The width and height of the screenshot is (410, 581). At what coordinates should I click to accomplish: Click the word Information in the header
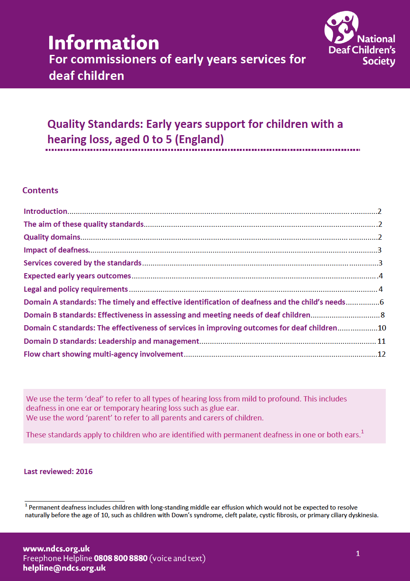pos(104,43)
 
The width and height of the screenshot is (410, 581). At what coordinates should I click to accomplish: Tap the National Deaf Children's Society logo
pos(360,39)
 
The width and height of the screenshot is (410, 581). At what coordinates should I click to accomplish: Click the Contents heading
pos(40,190)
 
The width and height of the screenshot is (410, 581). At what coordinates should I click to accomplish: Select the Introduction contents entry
pos(46,211)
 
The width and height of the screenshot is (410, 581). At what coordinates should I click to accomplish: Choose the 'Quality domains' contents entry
pos(52,237)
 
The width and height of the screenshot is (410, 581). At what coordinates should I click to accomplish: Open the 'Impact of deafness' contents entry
pos(56,250)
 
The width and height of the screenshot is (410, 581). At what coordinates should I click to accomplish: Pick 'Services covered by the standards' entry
pos(82,263)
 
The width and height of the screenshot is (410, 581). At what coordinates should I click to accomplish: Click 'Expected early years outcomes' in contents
pos(77,276)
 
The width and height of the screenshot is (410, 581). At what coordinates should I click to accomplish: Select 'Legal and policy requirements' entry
pos(75,289)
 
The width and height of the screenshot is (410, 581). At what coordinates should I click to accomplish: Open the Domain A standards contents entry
pos(184,302)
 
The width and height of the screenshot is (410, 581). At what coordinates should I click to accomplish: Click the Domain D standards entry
pos(111,341)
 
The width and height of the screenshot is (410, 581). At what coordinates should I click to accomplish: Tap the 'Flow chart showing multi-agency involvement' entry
pos(103,354)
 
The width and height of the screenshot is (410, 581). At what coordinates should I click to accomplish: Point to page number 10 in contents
pos(382,328)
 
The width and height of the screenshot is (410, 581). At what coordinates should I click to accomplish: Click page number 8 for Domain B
pos(383,315)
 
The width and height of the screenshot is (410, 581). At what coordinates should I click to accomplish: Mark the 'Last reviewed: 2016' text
pos(58,471)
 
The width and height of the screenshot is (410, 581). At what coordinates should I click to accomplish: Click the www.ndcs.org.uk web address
pos(56,548)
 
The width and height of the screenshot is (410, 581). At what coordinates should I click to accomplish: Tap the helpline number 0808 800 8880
pos(121,558)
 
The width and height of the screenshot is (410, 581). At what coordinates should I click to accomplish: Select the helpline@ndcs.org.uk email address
pos(64,568)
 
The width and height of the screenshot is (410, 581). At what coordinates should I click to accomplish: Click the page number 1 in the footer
pos(358,554)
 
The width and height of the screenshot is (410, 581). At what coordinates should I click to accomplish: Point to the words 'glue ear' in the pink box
pos(223,408)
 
